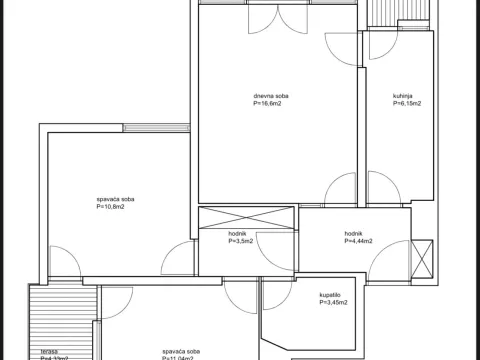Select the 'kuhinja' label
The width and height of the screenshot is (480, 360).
[x=404, y=96]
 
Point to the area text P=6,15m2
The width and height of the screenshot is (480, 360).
[x=406, y=103]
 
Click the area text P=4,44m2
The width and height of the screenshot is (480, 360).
[x=358, y=241]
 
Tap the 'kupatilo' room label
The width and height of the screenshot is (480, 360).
[x=331, y=295]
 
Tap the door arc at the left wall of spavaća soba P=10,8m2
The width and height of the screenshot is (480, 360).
[x=62, y=260]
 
